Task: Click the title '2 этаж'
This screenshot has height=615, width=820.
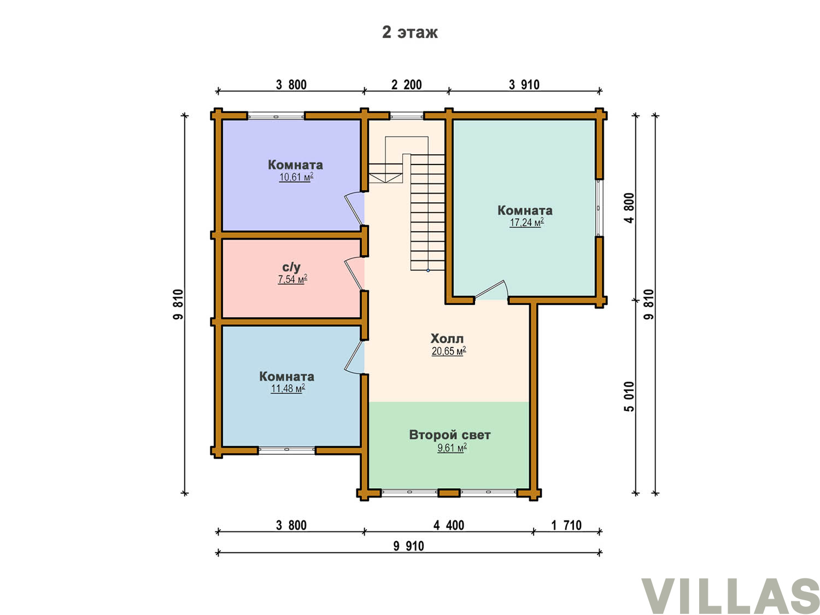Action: coord(409,32)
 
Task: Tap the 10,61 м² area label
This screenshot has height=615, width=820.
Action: coord(296,177)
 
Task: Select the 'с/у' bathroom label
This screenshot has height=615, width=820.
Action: coord(291,267)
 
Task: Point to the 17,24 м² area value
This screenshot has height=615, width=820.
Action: coord(526,222)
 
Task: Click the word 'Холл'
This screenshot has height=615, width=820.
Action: coord(447,339)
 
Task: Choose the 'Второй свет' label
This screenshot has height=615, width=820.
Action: coord(449,435)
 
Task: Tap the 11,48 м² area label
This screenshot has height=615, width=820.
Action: coord(288,389)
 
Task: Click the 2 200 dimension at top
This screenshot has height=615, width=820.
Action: coord(407,85)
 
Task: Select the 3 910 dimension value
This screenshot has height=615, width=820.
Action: coord(524,85)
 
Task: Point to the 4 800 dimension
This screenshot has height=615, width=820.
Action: coord(629,208)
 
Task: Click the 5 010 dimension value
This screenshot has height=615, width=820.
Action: coord(629,396)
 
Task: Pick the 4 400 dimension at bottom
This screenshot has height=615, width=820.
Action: coord(449,525)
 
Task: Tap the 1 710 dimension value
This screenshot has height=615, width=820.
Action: coord(566,525)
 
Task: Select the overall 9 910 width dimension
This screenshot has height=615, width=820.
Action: coord(409,546)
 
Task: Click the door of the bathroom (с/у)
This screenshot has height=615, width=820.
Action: coord(353,274)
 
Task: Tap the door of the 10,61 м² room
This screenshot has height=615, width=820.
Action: coord(354,209)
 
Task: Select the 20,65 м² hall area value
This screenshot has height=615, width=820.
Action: coord(449,351)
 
